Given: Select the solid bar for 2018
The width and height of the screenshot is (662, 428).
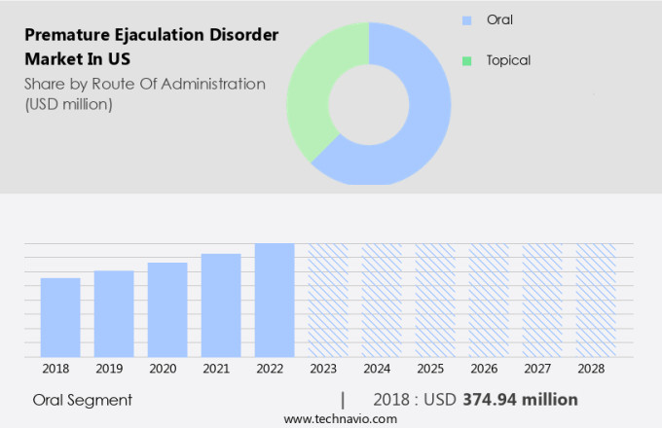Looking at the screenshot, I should [60, 317].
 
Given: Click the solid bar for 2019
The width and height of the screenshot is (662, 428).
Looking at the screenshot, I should [114, 313].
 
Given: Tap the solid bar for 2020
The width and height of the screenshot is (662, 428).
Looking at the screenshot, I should [167, 309].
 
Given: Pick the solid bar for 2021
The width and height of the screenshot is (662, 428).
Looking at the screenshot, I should [221, 305].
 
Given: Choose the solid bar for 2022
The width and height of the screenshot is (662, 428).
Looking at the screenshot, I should [275, 300].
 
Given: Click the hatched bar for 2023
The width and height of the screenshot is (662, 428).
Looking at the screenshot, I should [328, 300].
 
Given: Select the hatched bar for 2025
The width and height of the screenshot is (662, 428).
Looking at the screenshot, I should [435, 300].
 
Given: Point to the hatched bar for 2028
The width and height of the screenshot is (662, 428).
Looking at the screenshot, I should [595, 300].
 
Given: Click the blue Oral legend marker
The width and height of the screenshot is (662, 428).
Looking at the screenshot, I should [465, 20].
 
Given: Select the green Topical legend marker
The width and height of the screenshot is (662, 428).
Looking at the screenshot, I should [465, 60].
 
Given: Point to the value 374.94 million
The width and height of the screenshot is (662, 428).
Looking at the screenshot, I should [520, 400].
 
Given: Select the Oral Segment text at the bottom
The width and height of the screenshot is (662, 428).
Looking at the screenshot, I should [82, 400].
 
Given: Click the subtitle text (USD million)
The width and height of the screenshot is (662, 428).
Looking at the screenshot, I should [69, 103].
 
